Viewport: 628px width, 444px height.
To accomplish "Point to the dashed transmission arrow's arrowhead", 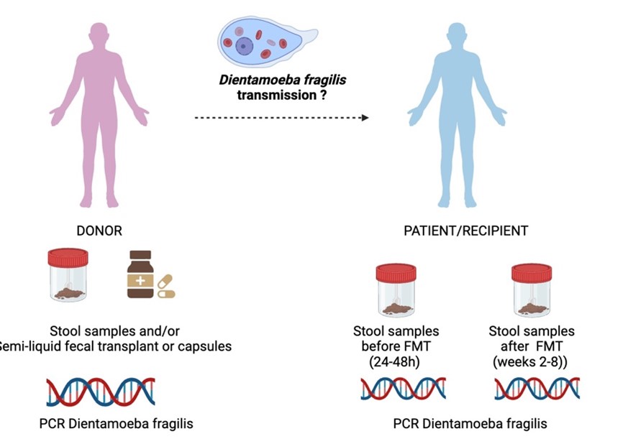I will click(x=365, y=117).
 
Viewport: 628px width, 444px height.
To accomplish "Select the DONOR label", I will click(x=99, y=231).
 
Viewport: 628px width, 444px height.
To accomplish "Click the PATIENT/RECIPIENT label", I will click(x=467, y=231).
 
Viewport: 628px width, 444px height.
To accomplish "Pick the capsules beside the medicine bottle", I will click(x=166, y=287).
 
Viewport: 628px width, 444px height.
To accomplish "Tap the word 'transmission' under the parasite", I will click(x=274, y=93).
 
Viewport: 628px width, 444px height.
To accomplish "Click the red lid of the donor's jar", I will click(x=67, y=256).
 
